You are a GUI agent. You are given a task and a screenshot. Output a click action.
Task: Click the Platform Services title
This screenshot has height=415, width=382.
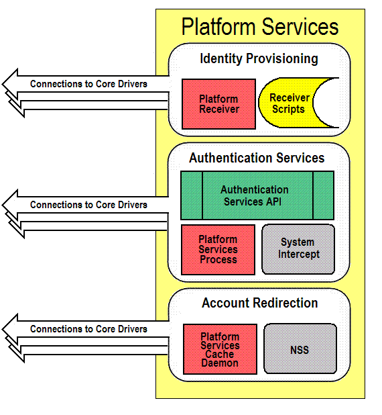(260, 27)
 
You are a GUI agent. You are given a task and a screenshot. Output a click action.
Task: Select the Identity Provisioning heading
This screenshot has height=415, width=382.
(259, 58)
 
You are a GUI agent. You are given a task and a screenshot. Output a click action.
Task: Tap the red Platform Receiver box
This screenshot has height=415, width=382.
(218, 104)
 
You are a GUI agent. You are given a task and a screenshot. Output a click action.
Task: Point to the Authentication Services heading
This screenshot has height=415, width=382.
(257, 158)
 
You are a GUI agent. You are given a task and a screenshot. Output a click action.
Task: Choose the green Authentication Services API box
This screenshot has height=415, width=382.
(257, 195)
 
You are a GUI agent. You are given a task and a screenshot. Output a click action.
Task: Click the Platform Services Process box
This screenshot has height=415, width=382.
(218, 250)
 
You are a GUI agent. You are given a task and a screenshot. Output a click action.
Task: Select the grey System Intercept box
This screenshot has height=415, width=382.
(298, 249)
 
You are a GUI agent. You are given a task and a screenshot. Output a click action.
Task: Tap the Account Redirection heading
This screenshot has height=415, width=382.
(259, 303)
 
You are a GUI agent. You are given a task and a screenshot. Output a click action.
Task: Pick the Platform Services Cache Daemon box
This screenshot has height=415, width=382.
(220, 349)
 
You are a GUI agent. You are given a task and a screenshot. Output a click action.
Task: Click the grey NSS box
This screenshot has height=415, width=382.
(300, 349)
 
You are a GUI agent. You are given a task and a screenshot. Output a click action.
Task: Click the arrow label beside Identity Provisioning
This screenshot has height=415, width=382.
(88, 84)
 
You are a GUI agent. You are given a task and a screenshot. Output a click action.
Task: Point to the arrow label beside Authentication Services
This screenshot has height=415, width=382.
(88, 205)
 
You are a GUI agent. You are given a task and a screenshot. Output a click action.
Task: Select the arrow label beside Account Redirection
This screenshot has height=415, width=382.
(88, 329)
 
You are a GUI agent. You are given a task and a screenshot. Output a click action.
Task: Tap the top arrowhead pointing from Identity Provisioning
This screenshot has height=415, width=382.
(10, 84)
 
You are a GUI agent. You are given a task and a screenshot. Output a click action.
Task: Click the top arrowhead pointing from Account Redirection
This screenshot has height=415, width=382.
(10, 329)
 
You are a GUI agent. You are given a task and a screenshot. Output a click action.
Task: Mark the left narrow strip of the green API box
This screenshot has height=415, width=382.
(192, 195)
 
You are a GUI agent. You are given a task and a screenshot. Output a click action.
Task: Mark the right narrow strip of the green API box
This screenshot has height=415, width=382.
(324, 195)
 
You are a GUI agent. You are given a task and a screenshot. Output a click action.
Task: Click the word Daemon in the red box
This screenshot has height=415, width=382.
(220, 363)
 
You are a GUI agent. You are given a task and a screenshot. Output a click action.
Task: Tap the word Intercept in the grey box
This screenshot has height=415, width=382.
(299, 255)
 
